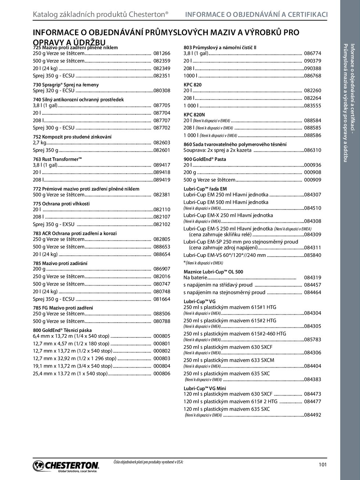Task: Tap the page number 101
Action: click(x=323, y=465)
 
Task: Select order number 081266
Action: click(x=162, y=53)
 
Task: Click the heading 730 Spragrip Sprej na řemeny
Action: click(x=66, y=85)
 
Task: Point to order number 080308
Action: click(x=162, y=90)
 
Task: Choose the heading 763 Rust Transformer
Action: click(x=57, y=159)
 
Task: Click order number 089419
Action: click(x=162, y=180)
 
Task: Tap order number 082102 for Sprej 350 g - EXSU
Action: click(x=162, y=224)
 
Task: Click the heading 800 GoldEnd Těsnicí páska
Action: click(x=62, y=330)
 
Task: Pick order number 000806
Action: click(x=162, y=373)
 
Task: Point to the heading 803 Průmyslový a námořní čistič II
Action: click(x=220, y=47)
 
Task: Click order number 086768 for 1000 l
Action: click(x=312, y=76)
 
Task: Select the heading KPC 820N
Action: click(x=194, y=115)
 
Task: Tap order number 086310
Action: click(x=312, y=150)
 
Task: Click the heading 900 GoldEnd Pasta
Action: click(x=205, y=159)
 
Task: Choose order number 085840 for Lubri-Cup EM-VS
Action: click(x=312, y=255)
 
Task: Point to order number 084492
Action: click(x=312, y=415)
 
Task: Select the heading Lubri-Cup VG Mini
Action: click(x=205, y=388)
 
